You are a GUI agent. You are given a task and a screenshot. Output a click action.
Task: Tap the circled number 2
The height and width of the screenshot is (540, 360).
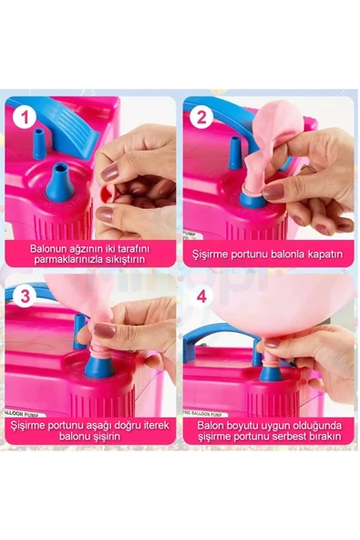pyautogui.click(x=201, y=117)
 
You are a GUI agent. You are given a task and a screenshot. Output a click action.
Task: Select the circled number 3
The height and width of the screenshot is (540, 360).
pyautogui.click(x=26, y=296)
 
